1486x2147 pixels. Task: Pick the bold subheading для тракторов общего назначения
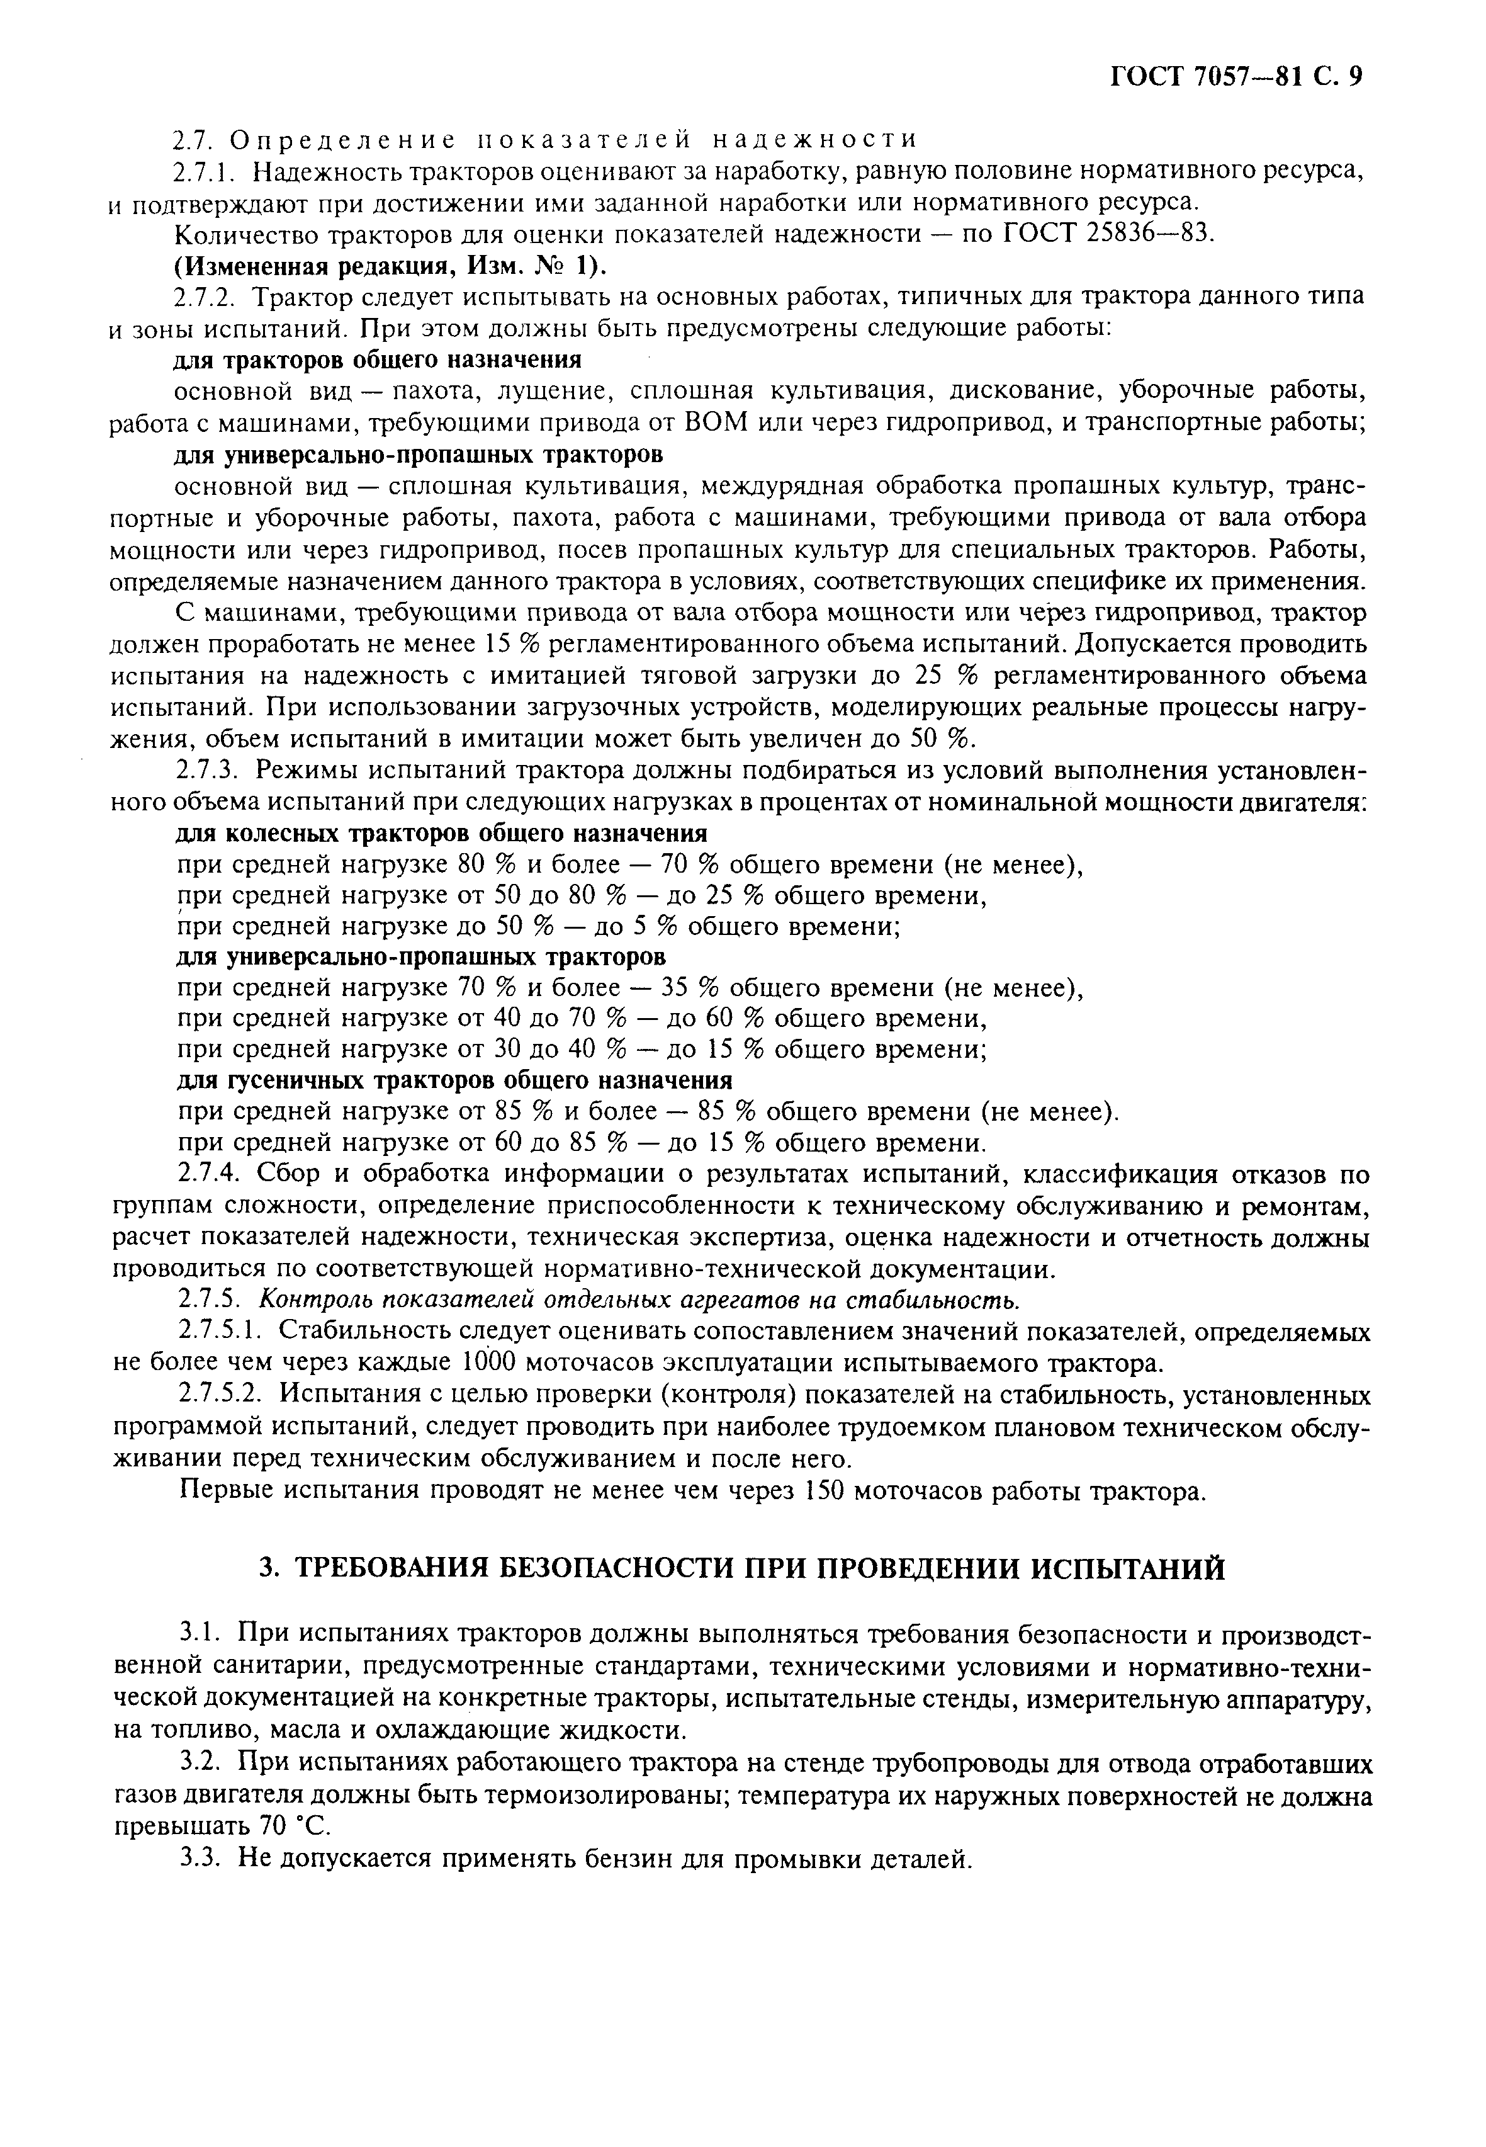379,360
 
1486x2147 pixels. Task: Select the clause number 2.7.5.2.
222,1395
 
